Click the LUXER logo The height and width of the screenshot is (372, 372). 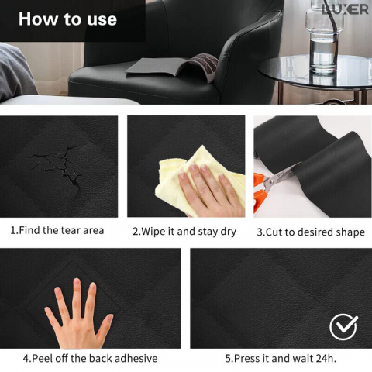click(x=345, y=9)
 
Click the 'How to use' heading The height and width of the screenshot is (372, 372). click(x=67, y=19)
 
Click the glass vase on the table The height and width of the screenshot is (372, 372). click(x=324, y=36)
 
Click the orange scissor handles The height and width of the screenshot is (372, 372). click(x=259, y=192)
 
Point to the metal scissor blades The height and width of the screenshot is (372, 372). click(x=281, y=176)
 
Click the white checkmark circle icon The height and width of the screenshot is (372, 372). click(x=343, y=327)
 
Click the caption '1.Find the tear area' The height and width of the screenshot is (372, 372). click(x=57, y=230)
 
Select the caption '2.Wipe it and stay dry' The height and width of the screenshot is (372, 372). click(x=184, y=232)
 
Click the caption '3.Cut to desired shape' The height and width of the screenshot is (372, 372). click(x=311, y=232)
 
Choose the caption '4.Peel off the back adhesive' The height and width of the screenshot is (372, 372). click(x=90, y=358)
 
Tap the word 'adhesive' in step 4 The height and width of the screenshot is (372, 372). click(x=136, y=358)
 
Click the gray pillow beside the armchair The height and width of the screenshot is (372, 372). click(x=16, y=72)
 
